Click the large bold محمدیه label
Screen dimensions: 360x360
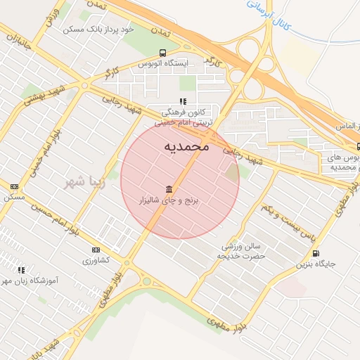(x=186, y=146)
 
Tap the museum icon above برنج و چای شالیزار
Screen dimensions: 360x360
(x=169, y=190)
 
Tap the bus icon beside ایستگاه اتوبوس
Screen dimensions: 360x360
(x=163, y=53)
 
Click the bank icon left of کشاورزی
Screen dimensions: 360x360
(x=96, y=250)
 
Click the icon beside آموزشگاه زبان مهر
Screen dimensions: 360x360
(x=21, y=269)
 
